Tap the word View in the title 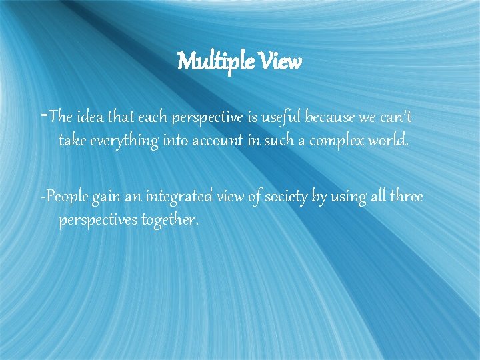[x=277, y=63]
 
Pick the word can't [x=395, y=118]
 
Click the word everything [x=123, y=141]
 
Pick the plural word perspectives [x=98, y=220]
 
